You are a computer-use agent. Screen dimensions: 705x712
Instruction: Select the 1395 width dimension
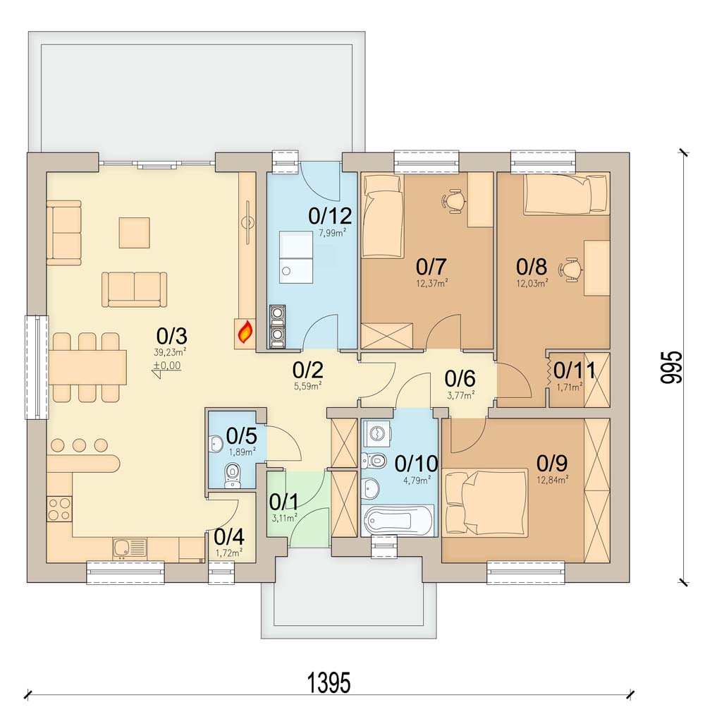329,683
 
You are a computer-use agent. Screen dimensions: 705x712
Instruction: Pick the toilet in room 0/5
233,476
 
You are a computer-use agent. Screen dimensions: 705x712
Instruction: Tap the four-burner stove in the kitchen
59,509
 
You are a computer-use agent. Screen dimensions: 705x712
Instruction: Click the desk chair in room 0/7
454,201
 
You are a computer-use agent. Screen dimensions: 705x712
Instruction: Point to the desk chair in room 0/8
573,270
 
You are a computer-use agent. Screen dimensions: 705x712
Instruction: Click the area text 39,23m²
171,351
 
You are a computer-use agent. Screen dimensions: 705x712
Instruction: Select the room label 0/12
330,217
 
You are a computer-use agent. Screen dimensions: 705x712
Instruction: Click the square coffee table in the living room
134,232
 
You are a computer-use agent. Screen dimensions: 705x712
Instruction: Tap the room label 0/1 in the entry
284,502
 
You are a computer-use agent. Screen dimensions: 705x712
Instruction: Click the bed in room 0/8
565,194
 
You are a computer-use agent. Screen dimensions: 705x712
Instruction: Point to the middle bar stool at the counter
79,445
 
